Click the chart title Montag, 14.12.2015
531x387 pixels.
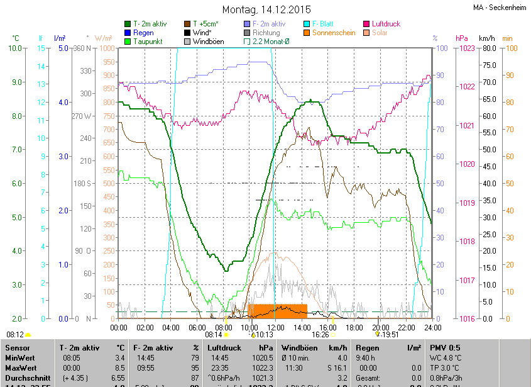pyautogui.click(x=266, y=9)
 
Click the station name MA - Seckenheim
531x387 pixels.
pyautogui.click(x=500, y=8)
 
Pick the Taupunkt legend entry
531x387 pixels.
pyautogui.click(x=148, y=42)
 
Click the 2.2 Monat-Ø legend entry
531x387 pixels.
pyautogui.click(x=270, y=42)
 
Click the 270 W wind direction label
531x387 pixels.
pyautogui.click(x=82, y=116)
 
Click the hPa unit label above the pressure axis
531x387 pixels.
pyautogui.click(x=462, y=38)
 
